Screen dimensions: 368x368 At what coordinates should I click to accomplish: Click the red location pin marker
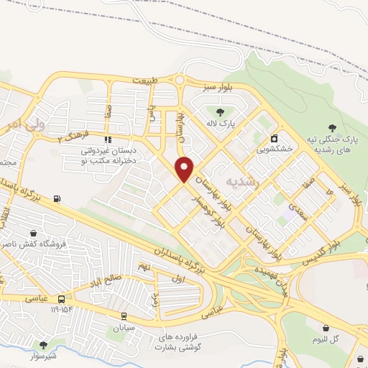185,168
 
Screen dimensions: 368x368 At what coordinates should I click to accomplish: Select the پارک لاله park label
221,123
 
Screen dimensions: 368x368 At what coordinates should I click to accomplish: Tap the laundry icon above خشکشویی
274,137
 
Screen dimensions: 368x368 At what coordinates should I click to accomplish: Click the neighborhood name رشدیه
241,181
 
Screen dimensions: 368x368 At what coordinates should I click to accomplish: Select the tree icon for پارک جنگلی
331,126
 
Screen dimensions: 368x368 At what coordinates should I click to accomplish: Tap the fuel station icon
57,199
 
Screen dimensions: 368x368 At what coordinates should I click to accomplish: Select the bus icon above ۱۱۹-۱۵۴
61,298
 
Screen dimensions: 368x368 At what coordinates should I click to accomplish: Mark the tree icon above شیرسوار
44,345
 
